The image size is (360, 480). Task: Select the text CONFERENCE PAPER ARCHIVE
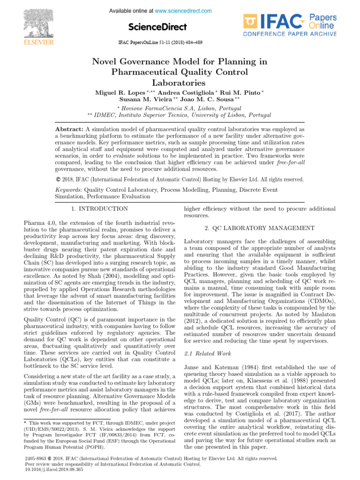(290, 34)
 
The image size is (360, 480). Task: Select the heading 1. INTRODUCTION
(99, 209)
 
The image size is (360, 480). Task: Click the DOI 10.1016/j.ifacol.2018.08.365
(53, 469)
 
